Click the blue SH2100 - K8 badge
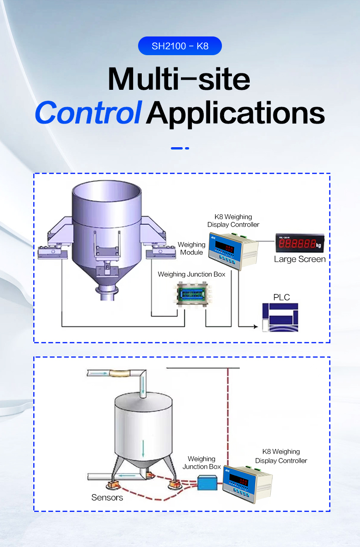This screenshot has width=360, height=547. pos(180,46)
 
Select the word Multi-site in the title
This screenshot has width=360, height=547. pos(179,79)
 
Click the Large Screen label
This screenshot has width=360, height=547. pos(299,259)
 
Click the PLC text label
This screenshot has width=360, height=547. pos(281,297)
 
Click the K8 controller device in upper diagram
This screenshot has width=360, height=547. pos(233,251)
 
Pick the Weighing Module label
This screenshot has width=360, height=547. pos(191,248)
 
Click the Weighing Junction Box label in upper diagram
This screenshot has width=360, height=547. pos(191,274)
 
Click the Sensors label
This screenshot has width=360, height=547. pos(107,497)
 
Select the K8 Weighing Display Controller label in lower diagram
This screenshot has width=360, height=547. pos(281,456)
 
